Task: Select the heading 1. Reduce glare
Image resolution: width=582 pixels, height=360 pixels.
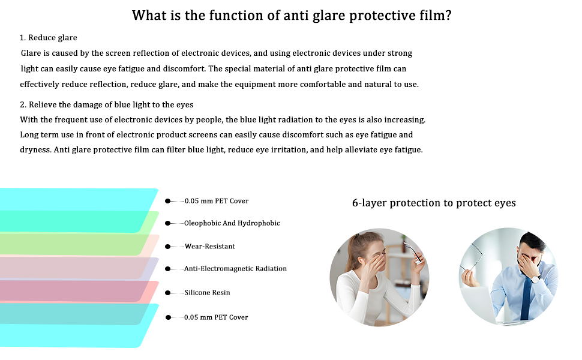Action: [48, 37]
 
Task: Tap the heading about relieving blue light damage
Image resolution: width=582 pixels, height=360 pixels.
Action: [107, 104]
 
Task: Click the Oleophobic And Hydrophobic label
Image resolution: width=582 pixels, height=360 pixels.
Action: [232, 223]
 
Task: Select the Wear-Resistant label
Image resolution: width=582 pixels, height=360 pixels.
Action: [210, 247]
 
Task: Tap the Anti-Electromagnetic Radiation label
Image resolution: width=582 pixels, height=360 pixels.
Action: [235, 269]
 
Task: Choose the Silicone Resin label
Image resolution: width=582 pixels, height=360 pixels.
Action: [207, 292]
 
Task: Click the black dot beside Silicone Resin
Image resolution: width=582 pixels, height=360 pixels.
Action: [168, 293]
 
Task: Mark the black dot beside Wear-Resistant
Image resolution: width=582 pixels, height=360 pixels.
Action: [168, 247]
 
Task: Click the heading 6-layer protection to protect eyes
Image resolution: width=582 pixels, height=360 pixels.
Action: [434, 203]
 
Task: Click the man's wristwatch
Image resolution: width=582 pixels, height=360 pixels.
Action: [535, 279]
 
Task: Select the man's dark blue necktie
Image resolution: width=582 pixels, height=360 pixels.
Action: [526, 297]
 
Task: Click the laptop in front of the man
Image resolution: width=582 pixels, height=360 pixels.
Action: [479, 305]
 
